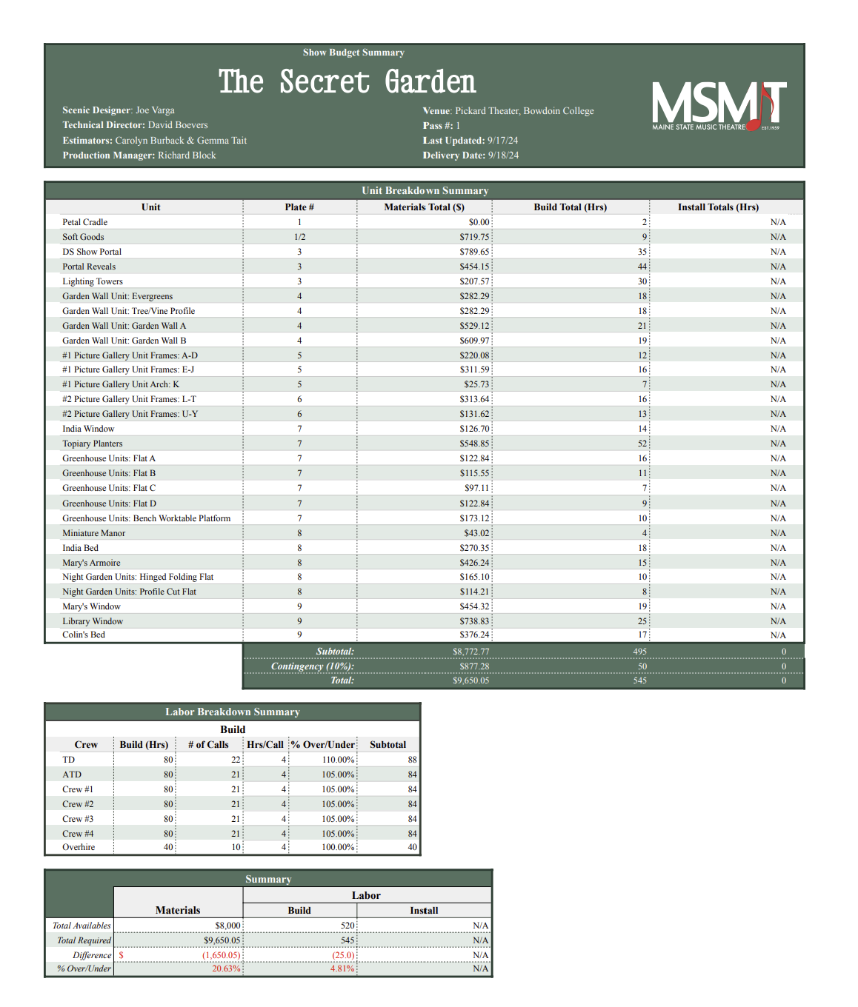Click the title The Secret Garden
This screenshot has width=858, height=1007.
347,81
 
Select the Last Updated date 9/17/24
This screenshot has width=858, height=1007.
502,141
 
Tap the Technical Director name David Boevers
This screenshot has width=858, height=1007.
178,125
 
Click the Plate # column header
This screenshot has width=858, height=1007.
299,207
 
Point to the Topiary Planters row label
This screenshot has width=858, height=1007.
93,444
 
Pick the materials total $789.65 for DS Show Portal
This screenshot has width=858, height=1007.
474,252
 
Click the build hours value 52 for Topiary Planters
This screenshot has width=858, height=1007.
642,444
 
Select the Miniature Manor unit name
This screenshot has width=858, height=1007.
94,533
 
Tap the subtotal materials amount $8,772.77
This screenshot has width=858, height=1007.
470,652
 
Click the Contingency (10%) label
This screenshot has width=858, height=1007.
312,666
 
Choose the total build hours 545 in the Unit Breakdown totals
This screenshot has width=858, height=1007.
639,680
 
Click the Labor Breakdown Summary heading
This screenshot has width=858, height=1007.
233,712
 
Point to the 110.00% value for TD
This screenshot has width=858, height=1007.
338,760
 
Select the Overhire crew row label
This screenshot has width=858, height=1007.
79,847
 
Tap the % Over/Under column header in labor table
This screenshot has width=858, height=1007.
322,745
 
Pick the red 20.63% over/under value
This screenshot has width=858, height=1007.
226,968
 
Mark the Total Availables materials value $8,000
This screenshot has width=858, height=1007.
227,926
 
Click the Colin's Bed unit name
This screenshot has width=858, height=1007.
84,635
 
